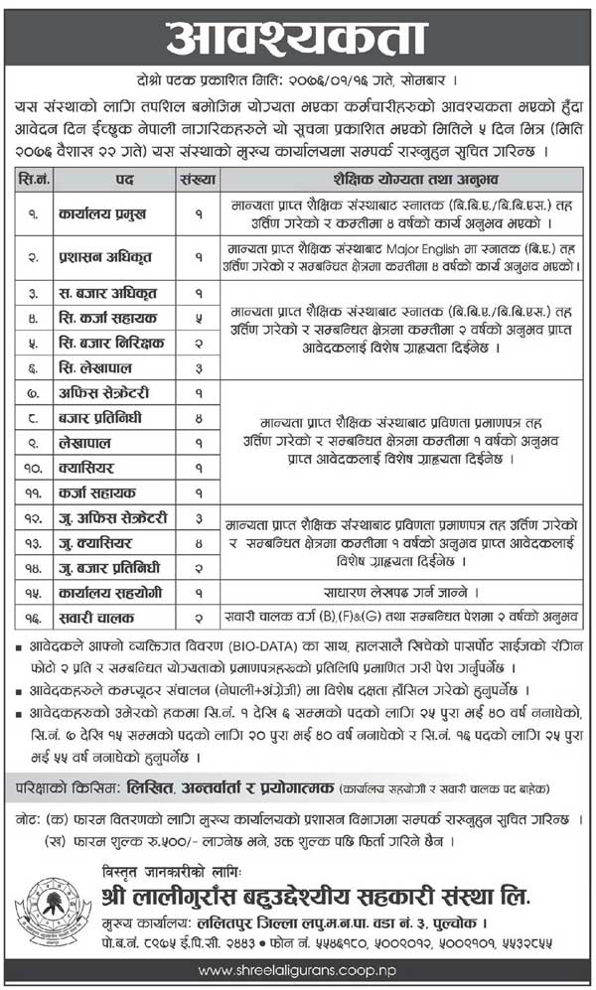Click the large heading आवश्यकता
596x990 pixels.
click(x=297, y=40)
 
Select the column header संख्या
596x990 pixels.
click(x=198, y=180)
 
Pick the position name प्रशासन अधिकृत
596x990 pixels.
click(x=102, y=255)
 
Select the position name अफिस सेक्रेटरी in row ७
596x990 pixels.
click(x=105, y=393)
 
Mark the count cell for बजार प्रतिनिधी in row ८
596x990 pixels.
click(x=198, y=418)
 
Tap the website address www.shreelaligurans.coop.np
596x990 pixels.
click(x=298, y=970)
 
